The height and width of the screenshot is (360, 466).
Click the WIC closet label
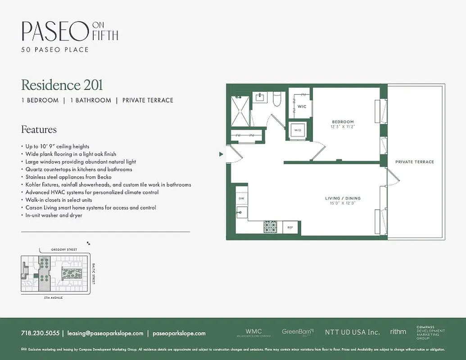pos(302,107)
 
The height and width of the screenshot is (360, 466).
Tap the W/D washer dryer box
pos(298,130)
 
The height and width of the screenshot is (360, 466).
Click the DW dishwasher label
pos(241,198)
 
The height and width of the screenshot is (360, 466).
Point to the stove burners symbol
pos(272,227)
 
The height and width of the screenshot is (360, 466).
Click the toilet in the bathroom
pos(277,98)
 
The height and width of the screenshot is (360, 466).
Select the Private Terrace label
pos(415,162)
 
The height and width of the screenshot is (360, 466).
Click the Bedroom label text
pos(343,122)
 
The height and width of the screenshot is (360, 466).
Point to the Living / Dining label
pos(343,198)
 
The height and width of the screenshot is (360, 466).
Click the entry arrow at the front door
pos(221,154)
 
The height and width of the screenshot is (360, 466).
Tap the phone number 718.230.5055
pos(40,333)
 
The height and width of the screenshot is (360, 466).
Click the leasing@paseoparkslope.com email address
pos(105,333)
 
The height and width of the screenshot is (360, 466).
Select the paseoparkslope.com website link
pos(179,333)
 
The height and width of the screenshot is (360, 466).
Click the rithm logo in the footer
pos(398,332)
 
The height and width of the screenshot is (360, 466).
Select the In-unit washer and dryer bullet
pos(54,216)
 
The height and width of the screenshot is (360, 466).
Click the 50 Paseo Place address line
pos(55,49)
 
